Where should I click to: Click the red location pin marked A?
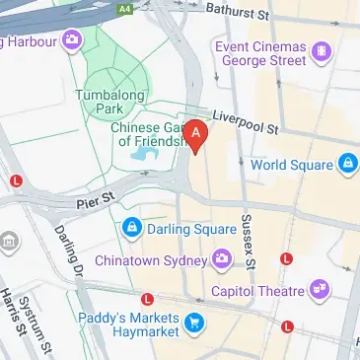tap(197, 136)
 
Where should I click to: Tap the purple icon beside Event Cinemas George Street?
tap(319, 50)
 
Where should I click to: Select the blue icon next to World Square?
tap(347, 163)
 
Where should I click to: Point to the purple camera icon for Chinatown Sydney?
tap(223, 260)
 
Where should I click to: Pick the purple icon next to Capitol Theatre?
tap(319, 289)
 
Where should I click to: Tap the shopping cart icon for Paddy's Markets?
tap(195, 322)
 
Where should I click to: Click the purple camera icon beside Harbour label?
tap(71, 41)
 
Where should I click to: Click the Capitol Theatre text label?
tap(257, 290)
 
